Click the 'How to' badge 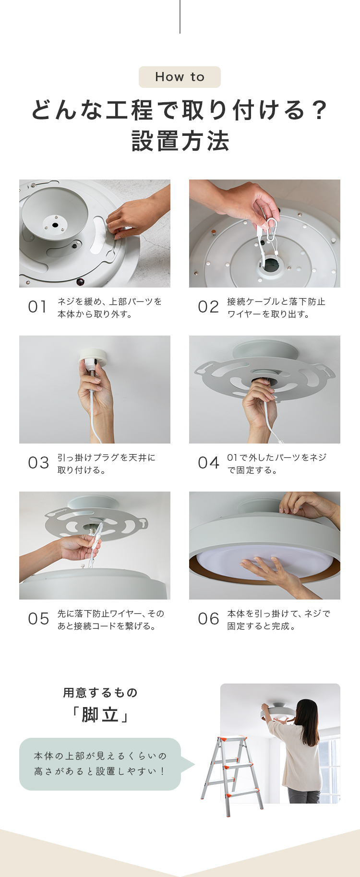pos(180,77)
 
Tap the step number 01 pos(37,307)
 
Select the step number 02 pos(208,307)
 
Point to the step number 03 pos(38,463)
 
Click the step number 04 pos(209,463)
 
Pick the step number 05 pos(38,619)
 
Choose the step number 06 pos(209,619)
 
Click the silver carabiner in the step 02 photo pos(271,233)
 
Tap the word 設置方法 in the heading pos(180,141)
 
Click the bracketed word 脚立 pos(100,715)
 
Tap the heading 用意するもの pos(100,693)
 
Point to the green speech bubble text pos(100,764)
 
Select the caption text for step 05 pos(111,620)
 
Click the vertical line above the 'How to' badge pos(180,17)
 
